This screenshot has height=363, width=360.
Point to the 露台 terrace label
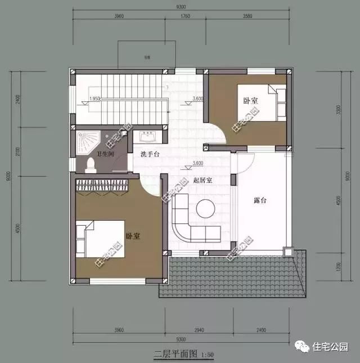pos(260,200)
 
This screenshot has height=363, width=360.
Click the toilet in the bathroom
pos(91,165)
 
